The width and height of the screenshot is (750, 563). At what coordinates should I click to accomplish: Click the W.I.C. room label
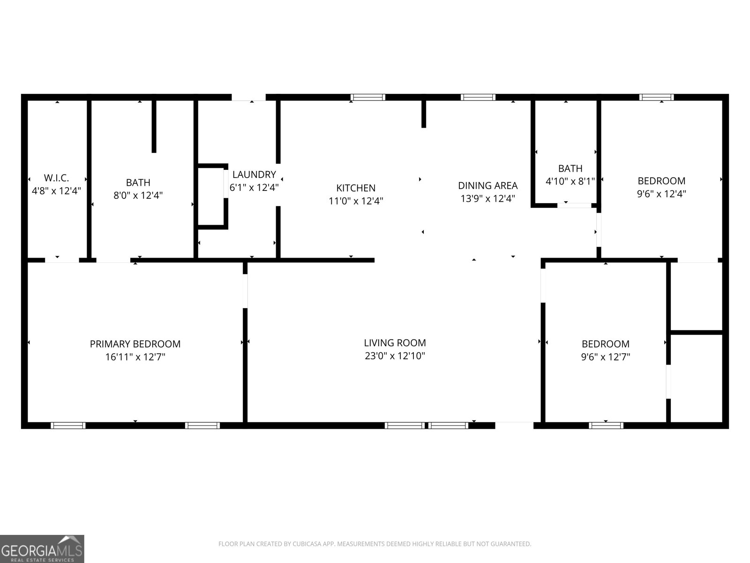point(56,178)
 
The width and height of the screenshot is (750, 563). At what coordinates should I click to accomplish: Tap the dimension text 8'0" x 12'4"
point(138,195)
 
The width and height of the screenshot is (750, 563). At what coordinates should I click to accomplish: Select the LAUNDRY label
point(254,175)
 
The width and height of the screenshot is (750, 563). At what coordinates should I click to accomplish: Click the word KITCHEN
point(356,188)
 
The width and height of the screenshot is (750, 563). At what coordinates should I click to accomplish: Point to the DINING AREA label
point(487,186)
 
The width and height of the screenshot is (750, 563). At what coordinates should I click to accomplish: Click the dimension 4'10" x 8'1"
point(570,181)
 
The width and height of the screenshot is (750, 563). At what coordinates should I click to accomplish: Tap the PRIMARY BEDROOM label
point(135,344)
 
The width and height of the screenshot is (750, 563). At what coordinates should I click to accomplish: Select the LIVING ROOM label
point(395,343)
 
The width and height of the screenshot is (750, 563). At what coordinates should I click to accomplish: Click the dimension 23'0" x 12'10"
point(395,356)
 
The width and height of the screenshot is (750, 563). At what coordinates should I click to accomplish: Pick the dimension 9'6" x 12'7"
point(605,357)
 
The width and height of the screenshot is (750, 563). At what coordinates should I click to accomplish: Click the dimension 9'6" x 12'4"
point(661,194)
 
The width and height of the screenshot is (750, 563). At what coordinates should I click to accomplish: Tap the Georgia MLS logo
point(42,548)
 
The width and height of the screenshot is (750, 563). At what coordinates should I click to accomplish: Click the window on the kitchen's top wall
point(368,98)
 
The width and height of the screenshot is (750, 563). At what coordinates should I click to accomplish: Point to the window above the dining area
point(478,98)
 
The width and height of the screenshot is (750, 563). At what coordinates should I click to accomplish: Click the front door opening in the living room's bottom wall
point(514,425)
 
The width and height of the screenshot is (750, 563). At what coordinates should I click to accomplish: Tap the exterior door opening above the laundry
point(248,98)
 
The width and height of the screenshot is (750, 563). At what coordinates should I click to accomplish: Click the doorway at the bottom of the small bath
point(574,205)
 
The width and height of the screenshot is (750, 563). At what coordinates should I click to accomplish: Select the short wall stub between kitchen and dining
point(423,113)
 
